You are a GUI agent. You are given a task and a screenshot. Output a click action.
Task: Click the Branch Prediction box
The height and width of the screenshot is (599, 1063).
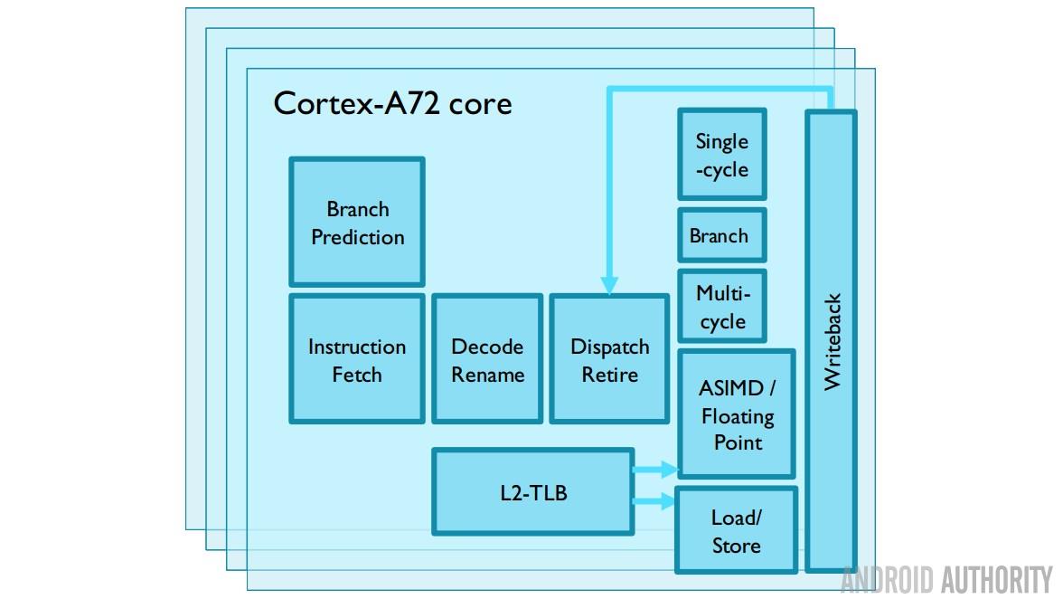pos(357,223)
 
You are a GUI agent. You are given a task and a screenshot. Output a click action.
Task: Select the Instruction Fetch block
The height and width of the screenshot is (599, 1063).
pos(357,359)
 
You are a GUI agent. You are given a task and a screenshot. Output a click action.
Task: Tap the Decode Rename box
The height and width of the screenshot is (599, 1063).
pos(487,359)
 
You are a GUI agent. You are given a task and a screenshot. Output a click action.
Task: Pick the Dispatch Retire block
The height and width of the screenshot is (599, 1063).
pos(609,359)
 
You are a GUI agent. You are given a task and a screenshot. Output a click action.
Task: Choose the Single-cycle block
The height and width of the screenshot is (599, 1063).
pos(721,155)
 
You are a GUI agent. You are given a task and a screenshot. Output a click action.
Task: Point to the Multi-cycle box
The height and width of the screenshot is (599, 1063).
pos(722,307)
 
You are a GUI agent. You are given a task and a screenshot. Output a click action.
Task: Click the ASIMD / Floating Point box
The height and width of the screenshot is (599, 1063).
pos(737,415)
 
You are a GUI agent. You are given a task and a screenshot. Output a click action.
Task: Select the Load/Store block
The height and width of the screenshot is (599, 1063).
pos(736,531)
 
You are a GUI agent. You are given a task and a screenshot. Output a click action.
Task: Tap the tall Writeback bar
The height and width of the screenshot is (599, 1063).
pos(832,341)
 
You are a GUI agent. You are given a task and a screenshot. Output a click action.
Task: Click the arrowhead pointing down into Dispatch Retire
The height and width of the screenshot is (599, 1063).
pos(609,286)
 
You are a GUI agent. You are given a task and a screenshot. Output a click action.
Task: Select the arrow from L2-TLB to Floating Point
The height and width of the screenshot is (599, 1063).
pos(655,469)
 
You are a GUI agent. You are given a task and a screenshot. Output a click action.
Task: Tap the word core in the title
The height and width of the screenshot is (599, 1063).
pos(480,104)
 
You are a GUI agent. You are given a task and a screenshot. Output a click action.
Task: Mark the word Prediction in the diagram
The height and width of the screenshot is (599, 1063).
pos(358,238)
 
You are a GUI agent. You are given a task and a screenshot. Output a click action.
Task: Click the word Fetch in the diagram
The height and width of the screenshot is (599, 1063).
pos(357,375)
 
